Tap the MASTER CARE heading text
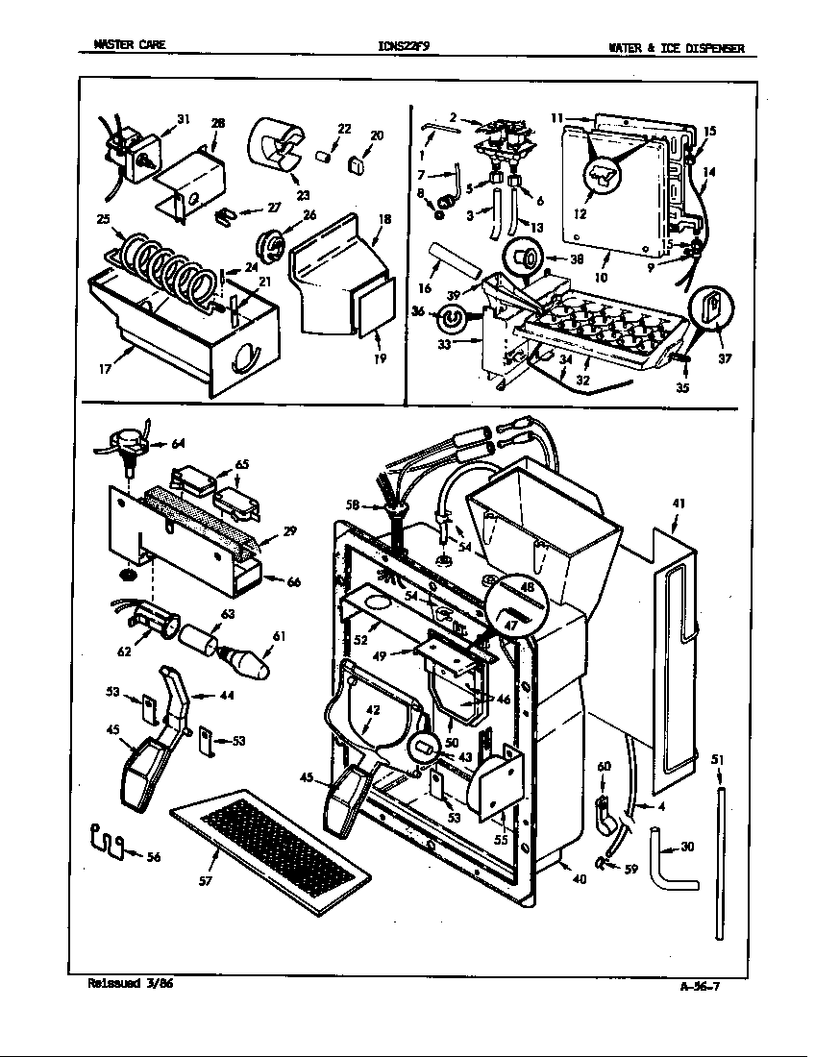[129, 45]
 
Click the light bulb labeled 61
[249, 662]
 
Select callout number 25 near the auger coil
[103, 220]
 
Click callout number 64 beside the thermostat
[178, 444]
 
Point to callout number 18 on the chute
[384, 220]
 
